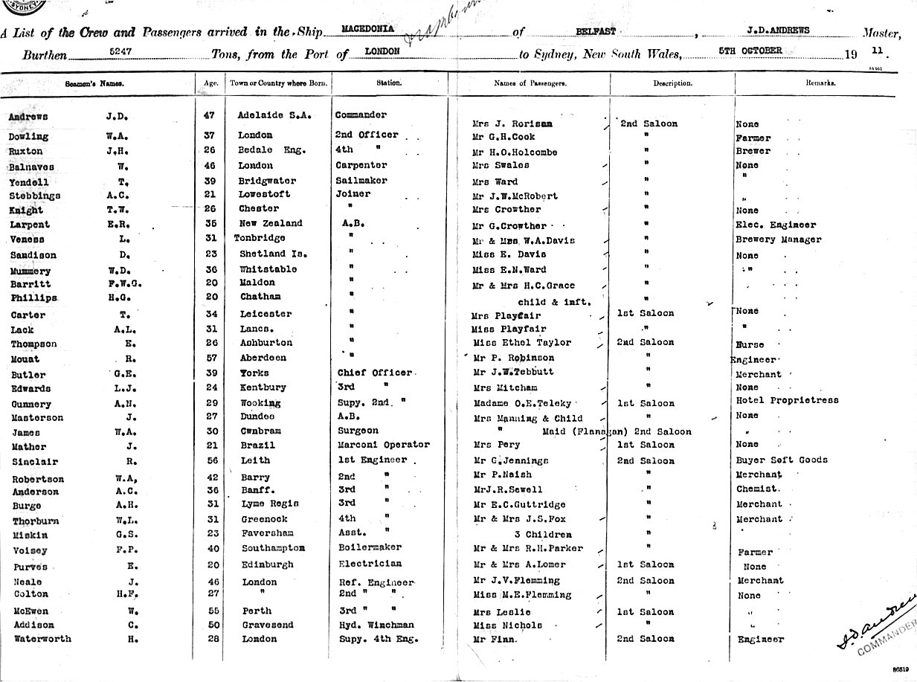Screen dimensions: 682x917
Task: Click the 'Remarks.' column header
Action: [x=820, y=83]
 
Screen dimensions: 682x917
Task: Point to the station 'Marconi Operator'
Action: [x=382, y=445]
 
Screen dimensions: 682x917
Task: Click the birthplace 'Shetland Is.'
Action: [x=273, y=254]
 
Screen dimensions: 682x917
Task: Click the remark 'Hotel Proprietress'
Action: [x=787, y=400]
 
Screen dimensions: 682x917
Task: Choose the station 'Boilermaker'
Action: [x=370, y=548]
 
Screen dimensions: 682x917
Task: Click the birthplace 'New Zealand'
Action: [x=271, y=223]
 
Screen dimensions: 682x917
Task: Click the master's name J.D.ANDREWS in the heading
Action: [x=778, y=30]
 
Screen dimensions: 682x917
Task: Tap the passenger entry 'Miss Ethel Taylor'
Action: [x=522, y=343]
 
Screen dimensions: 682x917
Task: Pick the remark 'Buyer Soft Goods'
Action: [x=782, y=460]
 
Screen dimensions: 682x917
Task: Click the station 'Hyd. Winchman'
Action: [x=374, y=625]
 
